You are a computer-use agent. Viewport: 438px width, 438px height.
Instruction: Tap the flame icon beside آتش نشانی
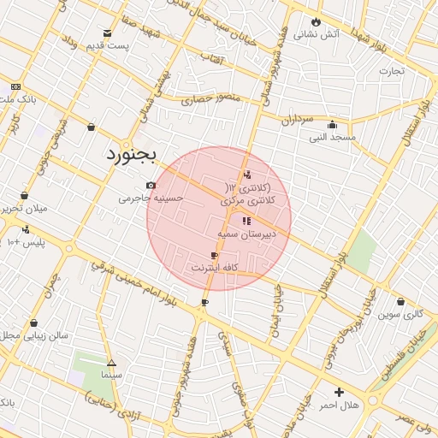317,21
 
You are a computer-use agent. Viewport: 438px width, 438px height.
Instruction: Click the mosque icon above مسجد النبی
332,123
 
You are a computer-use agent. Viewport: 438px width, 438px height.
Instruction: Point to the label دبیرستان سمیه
246,233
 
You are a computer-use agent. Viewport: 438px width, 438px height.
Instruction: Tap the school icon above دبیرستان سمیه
246,221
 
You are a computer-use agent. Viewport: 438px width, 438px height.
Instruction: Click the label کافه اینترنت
214,268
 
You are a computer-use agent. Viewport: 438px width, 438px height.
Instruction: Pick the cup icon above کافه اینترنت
214,255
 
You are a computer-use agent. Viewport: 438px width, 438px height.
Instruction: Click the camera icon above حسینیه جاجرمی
151,185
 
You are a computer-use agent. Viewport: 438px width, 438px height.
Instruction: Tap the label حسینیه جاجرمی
151,198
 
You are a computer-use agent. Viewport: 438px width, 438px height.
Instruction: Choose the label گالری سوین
402,314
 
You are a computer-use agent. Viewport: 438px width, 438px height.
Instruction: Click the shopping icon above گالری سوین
401,301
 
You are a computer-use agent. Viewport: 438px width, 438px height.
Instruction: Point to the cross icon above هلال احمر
340,392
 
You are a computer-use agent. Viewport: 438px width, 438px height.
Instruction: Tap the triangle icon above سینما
111,362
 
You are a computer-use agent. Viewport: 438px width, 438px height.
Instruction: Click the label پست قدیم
109,44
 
